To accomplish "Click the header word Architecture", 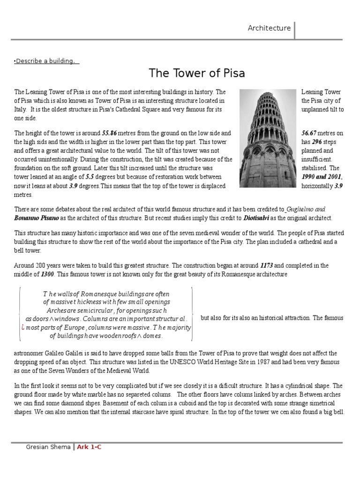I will click(269, 28).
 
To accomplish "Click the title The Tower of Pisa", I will click(197, 74).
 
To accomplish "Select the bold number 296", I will click(317, 142).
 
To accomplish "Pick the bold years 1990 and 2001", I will click(322, 177).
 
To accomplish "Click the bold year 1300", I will click(48, 274).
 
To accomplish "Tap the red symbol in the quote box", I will click(23, 327).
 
